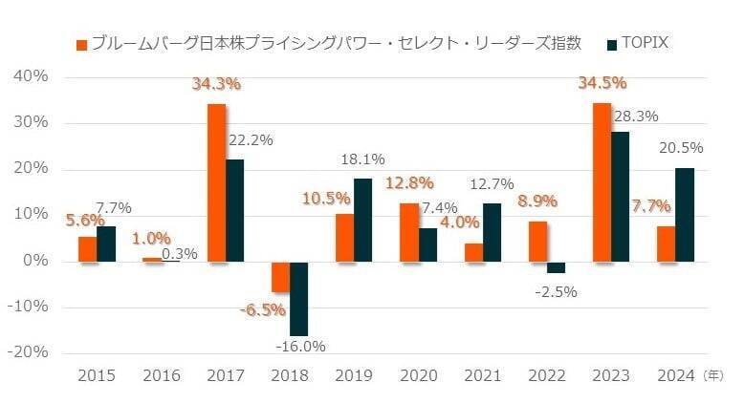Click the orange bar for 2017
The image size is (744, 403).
217,181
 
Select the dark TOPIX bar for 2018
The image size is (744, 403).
299,298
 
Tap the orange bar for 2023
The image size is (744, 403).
602,181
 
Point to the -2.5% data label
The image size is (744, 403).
554,291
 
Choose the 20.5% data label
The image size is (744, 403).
681,148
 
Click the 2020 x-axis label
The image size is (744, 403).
417,377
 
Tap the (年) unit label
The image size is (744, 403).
714,377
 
